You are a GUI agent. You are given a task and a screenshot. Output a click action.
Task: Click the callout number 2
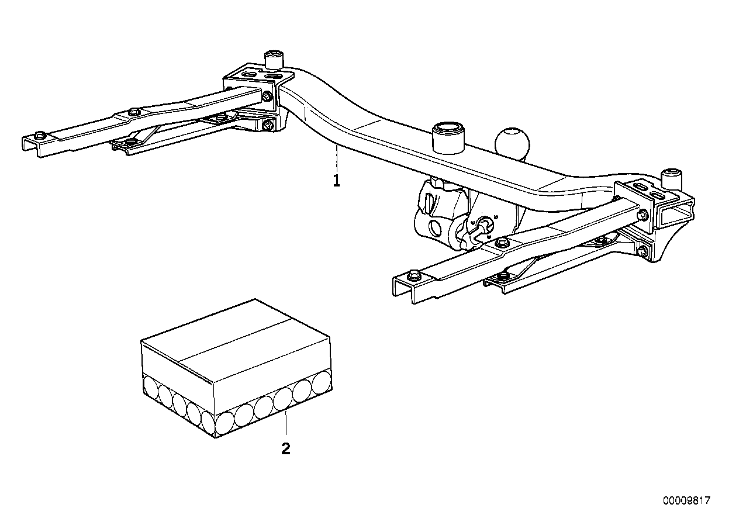tap(285, 449)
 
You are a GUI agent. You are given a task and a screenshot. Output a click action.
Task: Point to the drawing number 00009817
tap(686, 501)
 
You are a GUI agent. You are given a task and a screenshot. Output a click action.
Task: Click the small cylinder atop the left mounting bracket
tap(273, 60)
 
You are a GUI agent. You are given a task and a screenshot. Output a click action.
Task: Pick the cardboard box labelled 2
tap(236, 369)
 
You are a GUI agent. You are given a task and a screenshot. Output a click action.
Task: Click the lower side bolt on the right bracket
tap(643, 252)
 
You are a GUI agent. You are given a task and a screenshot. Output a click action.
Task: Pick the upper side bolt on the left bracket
tap(267, 96)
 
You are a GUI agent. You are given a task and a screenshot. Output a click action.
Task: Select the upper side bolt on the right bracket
tap(643, 215)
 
